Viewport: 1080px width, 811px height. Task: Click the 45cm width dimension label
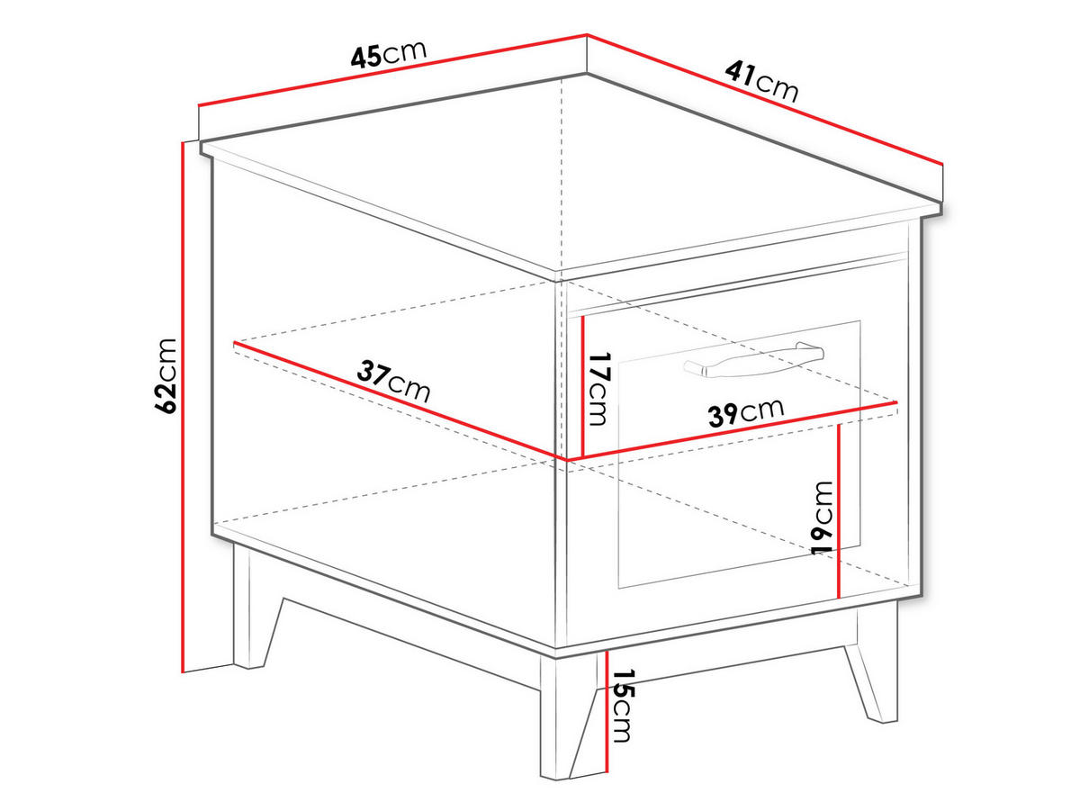[x=388, y=56]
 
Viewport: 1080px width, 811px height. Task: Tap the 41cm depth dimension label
[x=762, y=81]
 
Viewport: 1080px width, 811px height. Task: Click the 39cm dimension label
[x=745, y=412]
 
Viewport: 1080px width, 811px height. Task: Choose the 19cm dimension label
[x=823, y=517]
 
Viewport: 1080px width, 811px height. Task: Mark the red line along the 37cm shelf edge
[x=396, y=401]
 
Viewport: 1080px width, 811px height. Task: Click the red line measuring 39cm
[x=733, y=432]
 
